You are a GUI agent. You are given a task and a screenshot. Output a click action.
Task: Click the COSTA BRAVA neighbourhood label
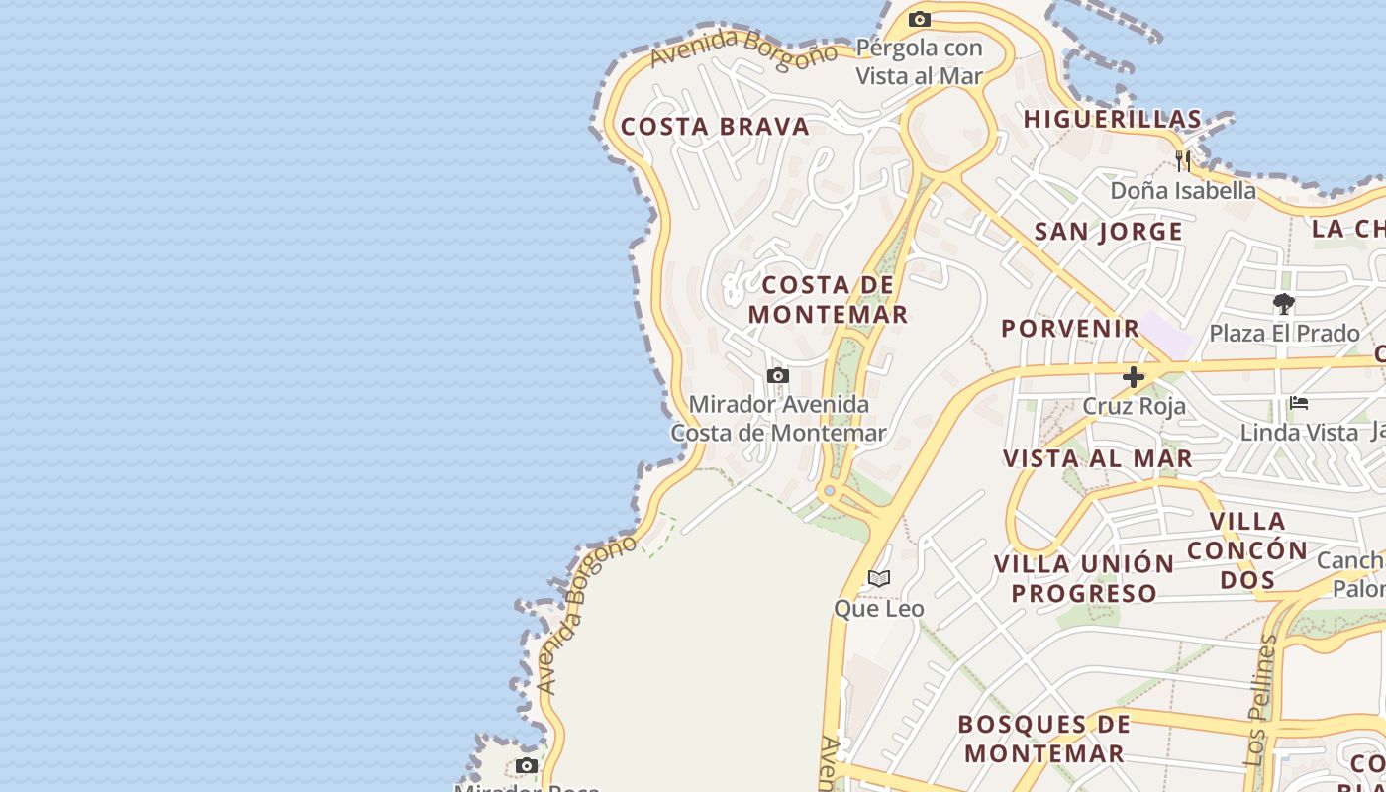click(x=715, y=127)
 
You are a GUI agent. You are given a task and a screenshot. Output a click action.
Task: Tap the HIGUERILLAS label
click(x=1113, y=119)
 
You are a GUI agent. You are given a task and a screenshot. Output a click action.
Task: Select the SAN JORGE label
click(x=1109, y=232)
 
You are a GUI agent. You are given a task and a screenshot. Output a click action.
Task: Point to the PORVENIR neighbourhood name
click(x=1070, y=328)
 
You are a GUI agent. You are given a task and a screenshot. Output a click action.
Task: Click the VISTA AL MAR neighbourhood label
click(x=1098, y=458)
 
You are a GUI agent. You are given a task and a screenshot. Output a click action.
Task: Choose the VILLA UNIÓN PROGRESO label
click(x=1084, y=578)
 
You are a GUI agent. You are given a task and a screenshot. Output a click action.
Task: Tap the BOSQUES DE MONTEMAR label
click(x=1044, y=739)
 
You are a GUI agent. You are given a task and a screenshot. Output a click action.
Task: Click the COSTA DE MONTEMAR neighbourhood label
click(x=828, y=300)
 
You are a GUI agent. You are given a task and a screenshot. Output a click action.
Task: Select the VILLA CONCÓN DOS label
click(x=1247, y=549)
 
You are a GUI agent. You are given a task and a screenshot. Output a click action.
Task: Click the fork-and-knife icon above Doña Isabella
click(x=1183, y=160)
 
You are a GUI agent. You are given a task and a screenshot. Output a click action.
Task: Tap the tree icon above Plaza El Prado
click(x=1284, y=304)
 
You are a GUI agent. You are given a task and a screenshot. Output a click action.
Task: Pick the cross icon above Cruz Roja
click(x=1134, y=377)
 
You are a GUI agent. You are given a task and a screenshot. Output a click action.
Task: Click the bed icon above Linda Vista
click(x=1299, y=403)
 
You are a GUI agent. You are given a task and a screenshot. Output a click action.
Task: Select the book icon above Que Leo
click(x=879, y=579)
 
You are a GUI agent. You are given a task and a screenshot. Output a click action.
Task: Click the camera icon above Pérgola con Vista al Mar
click(x=920, y=19)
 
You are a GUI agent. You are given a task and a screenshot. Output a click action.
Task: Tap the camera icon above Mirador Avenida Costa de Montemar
click(x=778, y=376)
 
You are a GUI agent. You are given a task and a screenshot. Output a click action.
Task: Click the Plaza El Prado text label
click(x=1285, y=333)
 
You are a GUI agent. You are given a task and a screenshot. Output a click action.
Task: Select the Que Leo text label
click(x=879, y=609)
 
